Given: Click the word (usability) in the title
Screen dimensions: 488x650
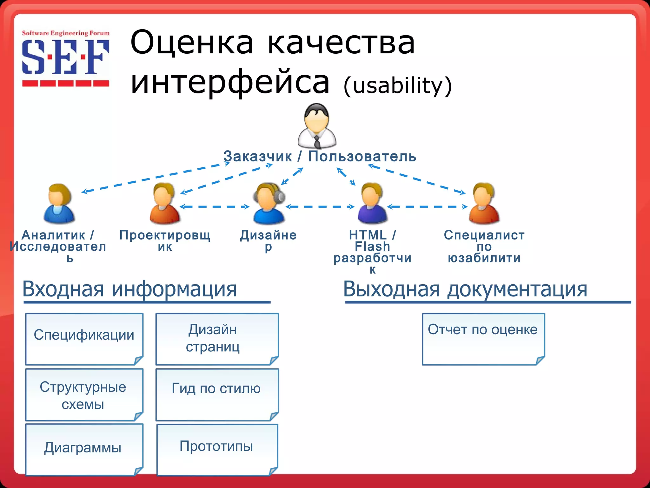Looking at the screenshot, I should [397, 86].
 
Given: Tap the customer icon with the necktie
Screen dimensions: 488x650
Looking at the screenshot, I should [317, 126].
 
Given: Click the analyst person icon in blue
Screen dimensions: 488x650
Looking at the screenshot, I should [59, 203].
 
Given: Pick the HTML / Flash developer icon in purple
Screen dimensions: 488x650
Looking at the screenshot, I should [372, 203].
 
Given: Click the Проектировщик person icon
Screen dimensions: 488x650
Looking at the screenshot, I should [164, 203].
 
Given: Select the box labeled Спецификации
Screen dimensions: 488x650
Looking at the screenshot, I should [84, 339].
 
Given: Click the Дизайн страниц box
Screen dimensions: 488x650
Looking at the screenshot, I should [217, 339].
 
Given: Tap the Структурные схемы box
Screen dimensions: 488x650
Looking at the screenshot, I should [84, 395].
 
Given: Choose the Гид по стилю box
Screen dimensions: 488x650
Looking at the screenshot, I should [217, 395].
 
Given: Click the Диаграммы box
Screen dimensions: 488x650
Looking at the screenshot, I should [84, 449].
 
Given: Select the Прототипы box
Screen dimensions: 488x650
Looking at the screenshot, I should [217, 449].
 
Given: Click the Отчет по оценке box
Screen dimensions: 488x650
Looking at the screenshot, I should [483, 339].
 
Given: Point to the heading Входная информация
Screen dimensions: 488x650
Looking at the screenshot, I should [129, 289].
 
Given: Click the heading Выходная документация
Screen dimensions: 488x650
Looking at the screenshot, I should [465, 289].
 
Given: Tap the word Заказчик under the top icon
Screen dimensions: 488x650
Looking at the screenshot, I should [257, 156].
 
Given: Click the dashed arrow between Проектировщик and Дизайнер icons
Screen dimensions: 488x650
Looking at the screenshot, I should [215, 207].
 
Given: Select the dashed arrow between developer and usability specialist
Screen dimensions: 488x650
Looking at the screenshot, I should [427, 207].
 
